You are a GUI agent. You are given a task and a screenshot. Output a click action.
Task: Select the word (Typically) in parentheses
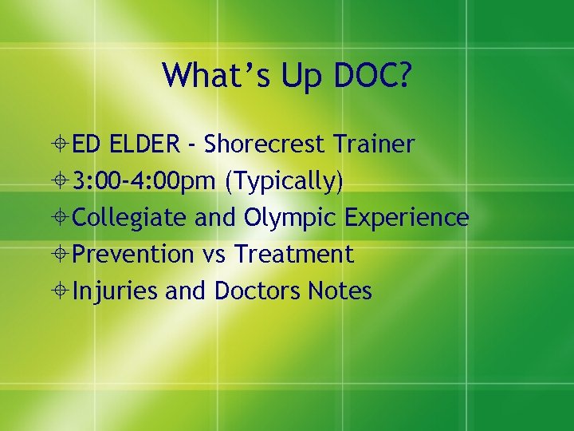click(x=285, y=182)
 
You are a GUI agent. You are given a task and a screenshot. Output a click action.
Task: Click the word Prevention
click(x=133, y=255)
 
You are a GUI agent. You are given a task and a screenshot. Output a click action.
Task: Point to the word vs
click(x=214, y=255)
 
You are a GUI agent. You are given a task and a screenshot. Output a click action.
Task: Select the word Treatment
click(x=294, y=255)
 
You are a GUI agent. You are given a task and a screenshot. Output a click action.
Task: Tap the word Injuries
click(x=116, y=291)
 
